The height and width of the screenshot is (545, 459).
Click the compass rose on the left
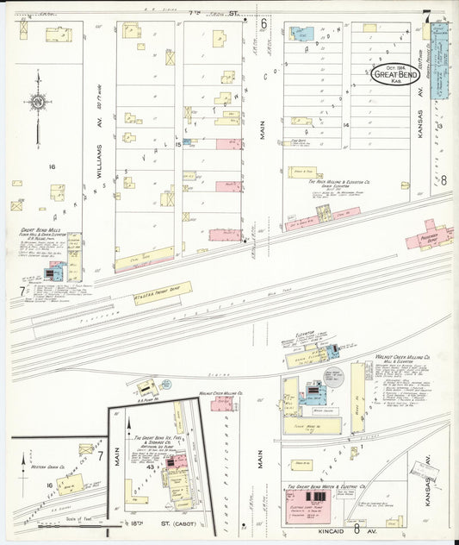pyautogui.click(x=38, y=103)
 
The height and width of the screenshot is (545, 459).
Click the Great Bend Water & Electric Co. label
pyautogui.click(x=326, y=488)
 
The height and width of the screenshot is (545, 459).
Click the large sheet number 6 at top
pyautogui.click(x=264, y=23)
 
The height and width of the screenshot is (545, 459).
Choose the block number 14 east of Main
pyautogui.click(x=345, y=125)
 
